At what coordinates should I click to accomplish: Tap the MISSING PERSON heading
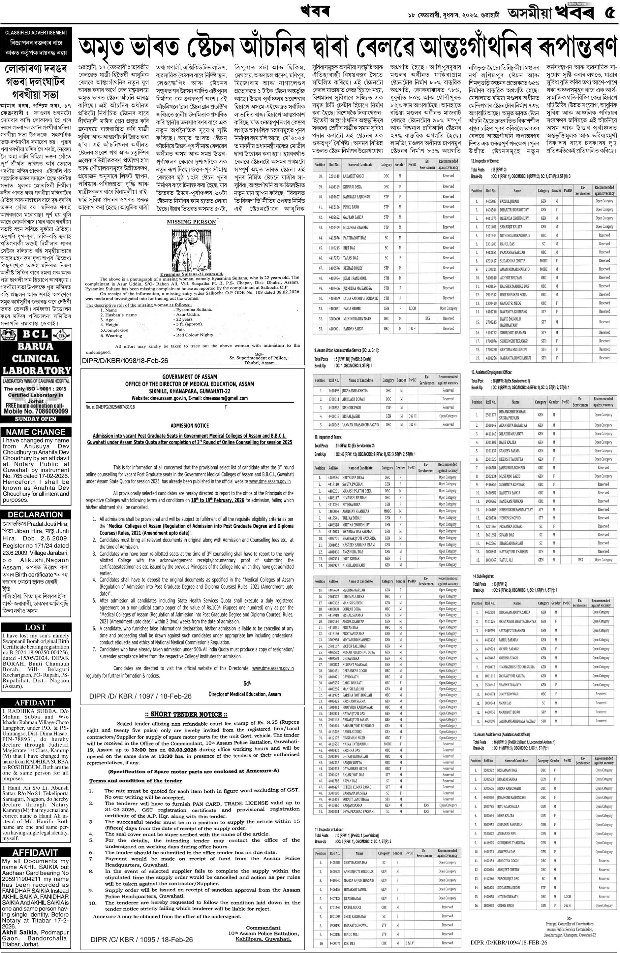tap(191, 222)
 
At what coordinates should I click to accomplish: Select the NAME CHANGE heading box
tap(36, 432)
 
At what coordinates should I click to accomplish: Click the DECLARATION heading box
tap(36, 514)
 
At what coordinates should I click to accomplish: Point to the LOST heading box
tap(36, 627)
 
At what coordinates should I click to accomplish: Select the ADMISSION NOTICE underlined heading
tap(189, 425)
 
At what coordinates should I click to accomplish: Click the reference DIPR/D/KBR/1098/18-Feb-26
tap(125, 361)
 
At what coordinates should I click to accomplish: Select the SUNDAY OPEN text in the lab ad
tap(36, 419)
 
